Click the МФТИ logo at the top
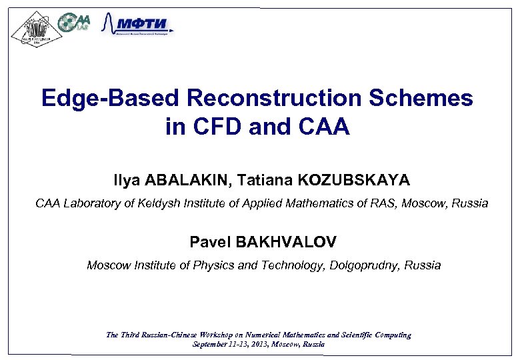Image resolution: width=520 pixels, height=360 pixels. coord(138,25)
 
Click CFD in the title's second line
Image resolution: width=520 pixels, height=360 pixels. coord(216,127)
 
